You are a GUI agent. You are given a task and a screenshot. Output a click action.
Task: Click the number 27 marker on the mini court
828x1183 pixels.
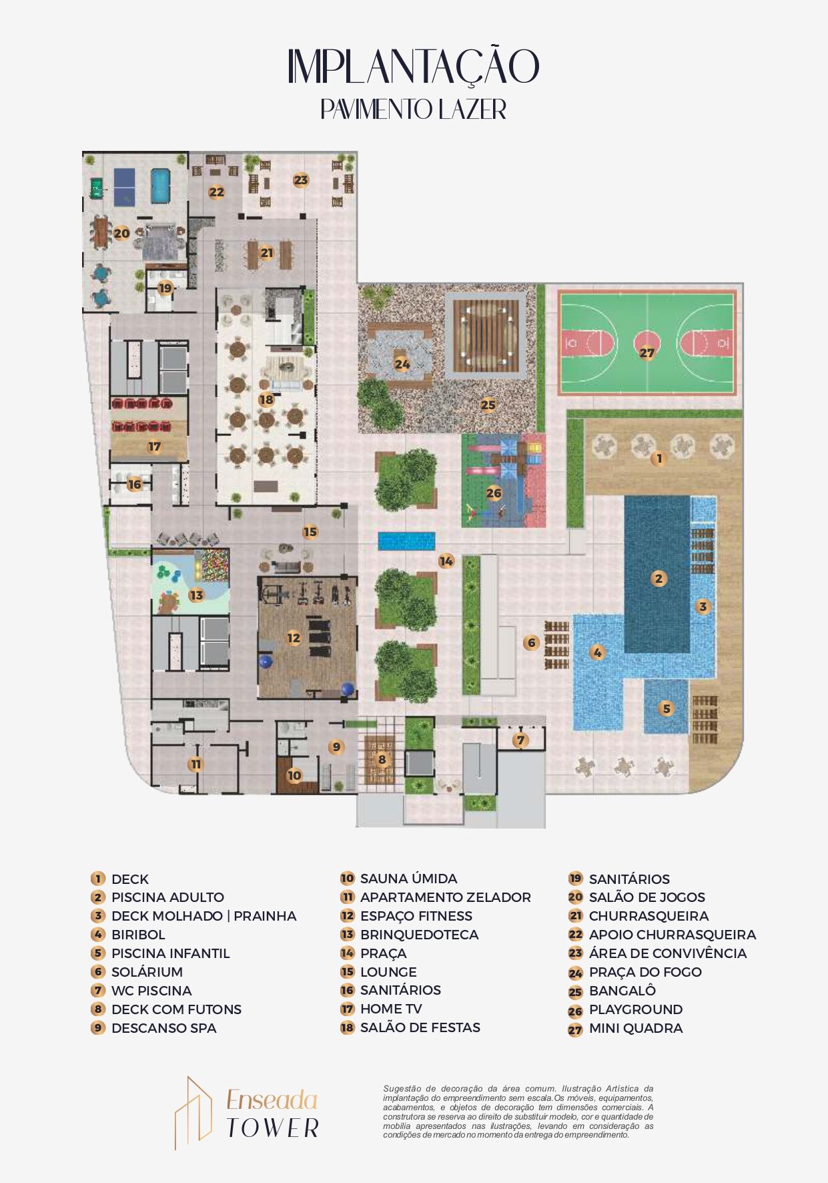647,352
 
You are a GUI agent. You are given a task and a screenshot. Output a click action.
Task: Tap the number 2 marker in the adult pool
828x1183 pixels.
659,578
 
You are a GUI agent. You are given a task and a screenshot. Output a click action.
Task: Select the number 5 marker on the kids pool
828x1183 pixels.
667,708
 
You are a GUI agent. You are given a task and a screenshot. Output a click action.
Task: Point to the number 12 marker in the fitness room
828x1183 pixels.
294,638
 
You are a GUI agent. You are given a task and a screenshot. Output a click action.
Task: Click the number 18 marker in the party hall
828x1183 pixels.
266,399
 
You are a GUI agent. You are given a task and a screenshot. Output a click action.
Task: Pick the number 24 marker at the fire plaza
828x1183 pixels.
402,364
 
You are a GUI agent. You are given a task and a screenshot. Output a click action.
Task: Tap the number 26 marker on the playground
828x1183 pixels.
494,493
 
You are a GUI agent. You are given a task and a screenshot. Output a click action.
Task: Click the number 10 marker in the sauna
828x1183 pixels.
294,775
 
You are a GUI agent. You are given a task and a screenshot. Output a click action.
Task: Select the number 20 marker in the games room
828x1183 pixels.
121,233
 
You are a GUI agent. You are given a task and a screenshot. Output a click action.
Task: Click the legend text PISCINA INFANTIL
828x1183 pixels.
170,953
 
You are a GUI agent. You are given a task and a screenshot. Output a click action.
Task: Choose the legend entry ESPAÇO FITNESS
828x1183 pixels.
416,916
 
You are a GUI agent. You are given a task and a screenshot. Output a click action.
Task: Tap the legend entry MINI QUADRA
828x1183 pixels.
636,1028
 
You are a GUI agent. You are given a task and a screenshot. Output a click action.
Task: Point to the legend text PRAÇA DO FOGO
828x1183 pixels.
645,972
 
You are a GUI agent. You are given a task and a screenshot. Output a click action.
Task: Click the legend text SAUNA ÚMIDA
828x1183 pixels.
408,879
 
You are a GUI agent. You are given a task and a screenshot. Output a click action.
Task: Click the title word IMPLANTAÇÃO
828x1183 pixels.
413,67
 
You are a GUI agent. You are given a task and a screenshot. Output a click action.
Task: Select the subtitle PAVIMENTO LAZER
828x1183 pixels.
414,109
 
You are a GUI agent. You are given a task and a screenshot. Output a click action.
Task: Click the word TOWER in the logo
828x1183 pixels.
273,1128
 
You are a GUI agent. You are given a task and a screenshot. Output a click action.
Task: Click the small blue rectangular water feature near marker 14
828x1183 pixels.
406,541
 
